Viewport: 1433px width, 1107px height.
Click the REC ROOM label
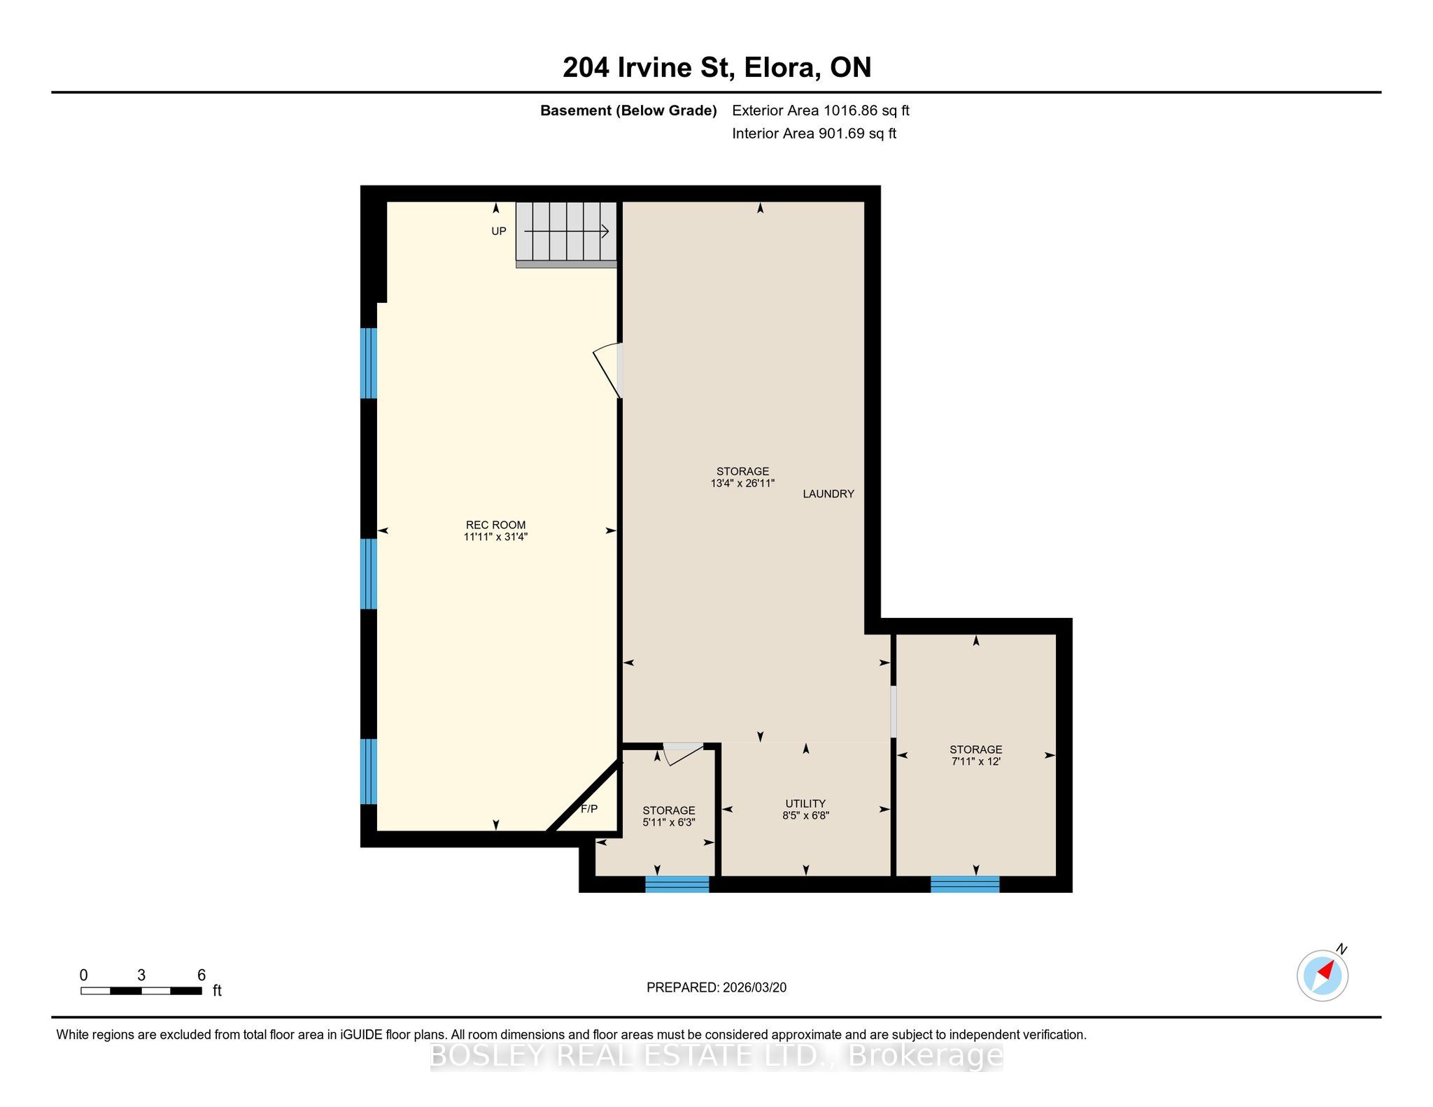pos(495,525)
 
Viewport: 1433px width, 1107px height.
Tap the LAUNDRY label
pos(828,494)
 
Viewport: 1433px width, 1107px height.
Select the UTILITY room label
pos(805,803)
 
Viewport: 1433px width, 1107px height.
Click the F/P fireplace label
pos(589,809)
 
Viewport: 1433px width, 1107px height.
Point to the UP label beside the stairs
pos(498,232)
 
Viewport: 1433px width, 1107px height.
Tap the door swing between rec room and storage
pos(607,370)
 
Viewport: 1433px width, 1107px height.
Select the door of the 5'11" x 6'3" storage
pos(683,754)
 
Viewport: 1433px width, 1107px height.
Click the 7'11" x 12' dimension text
pos(976,761)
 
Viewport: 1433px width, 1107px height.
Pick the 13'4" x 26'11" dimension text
pos(742,484)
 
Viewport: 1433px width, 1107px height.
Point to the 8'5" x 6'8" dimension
pos(805,815)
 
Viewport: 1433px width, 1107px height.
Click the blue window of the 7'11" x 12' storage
pos(965,884)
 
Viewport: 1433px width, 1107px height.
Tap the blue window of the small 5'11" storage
pos(677,884)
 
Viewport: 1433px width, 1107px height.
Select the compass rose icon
pos(1322,975)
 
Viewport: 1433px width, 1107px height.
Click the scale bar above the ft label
pos(141,991)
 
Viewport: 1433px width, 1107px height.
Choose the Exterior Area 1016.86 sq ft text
pos(821,111)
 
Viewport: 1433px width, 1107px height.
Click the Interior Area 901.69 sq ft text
pos(814,134)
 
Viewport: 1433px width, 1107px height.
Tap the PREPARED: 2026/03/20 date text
pos(716,987)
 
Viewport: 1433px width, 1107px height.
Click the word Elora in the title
pos(783,68)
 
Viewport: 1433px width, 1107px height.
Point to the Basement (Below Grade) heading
pos(628,111)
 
